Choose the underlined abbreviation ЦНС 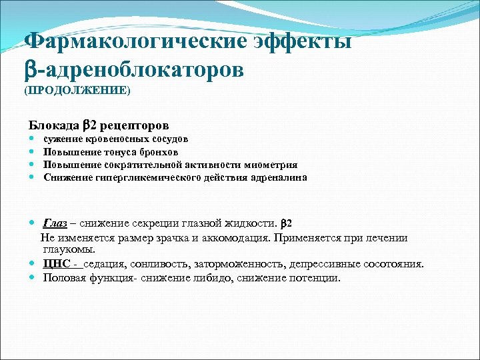click(x=56, y=263)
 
